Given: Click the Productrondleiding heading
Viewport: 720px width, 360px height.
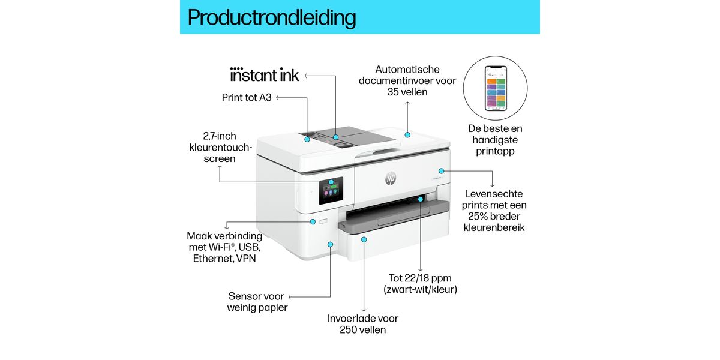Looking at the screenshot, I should [x=271, y=17].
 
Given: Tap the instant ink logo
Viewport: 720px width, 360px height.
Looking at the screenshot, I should [x=264, y=75].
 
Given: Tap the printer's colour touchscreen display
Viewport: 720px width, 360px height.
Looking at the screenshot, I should [x=330, y=196].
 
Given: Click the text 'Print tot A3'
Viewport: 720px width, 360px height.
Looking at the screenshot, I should [x=247, y=97].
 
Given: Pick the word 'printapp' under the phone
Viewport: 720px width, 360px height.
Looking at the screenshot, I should [x=496, y=151].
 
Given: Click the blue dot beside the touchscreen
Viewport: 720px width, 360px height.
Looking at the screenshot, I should [x=331, y=181].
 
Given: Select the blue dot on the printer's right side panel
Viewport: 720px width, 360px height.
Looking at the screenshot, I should [x=441, y=171].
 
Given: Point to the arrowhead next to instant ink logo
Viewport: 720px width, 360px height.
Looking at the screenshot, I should [x=306, y=76].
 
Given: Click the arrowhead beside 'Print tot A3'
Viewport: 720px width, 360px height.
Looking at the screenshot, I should [x=278, y=97].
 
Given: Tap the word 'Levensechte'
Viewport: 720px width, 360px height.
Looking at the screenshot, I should [x=494, y=194].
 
